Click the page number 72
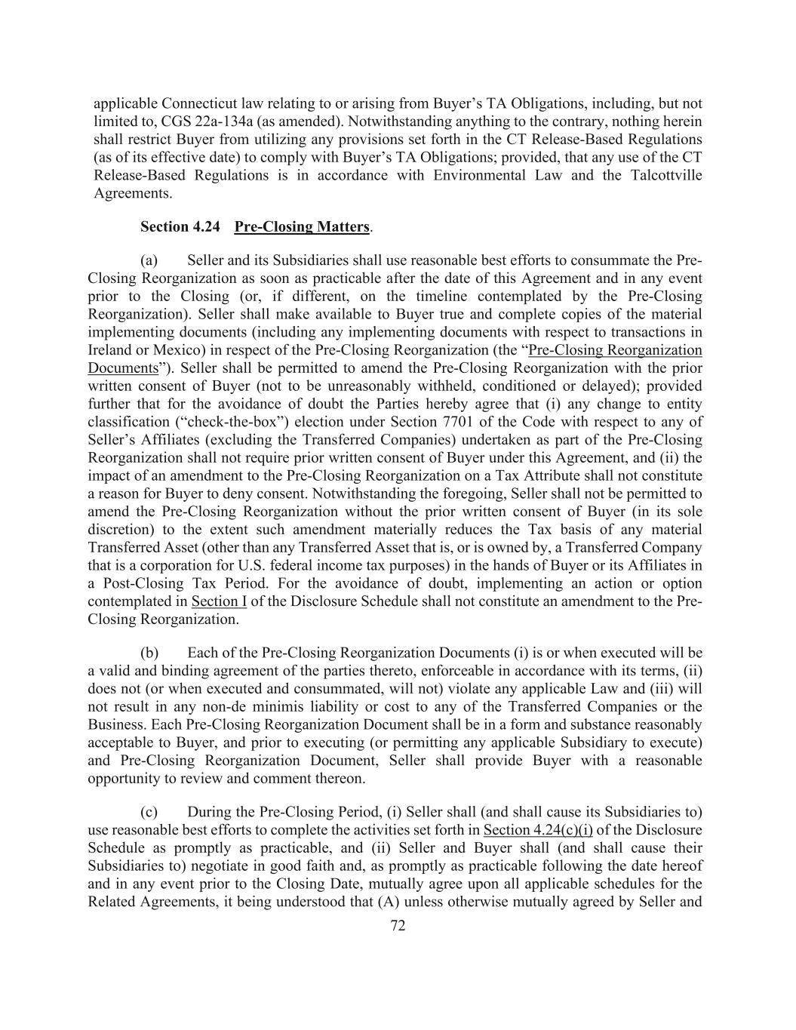398,926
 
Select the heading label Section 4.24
180,227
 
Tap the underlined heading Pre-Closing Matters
302,227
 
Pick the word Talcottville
664,176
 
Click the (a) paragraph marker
149,260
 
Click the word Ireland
109,350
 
